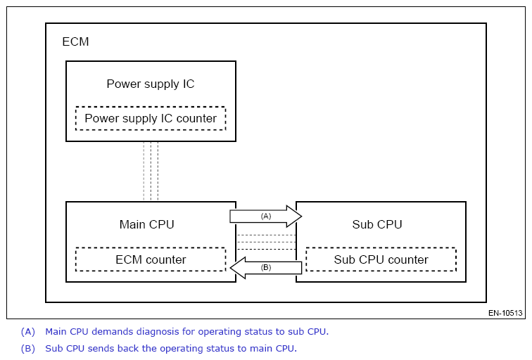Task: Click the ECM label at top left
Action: (76, 41)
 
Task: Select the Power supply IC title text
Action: (150, 84)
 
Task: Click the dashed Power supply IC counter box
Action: (151, 118)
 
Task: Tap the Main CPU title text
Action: (146, 225)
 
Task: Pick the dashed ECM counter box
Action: (151, 259)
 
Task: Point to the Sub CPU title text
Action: (377, 225)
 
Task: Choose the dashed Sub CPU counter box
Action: (381, 259)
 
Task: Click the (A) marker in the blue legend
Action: (27, 331)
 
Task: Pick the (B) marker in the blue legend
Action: (27, 348)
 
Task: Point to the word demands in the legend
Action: (118, 331)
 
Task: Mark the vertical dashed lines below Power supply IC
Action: (151, 171)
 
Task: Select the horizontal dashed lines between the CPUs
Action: (266, 242)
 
